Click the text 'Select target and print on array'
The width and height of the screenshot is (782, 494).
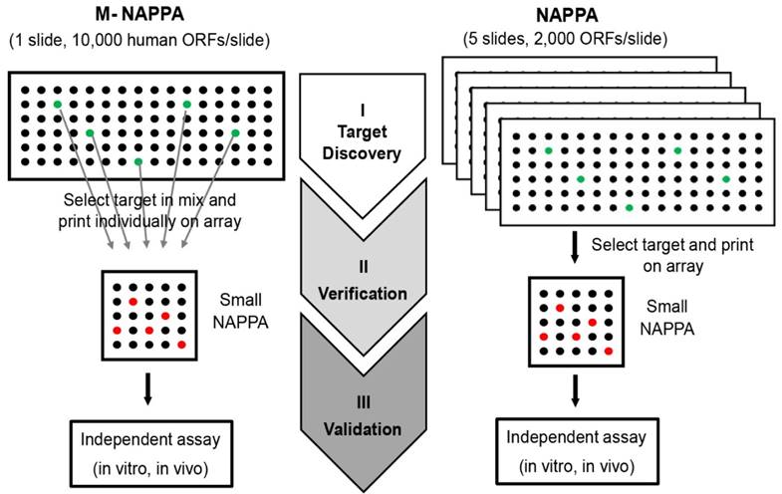click(x=659, y=254)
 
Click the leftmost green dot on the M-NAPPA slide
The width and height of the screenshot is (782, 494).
click(x=58, y=104)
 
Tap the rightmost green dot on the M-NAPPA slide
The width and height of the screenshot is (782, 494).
click(x=235, y=132)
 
